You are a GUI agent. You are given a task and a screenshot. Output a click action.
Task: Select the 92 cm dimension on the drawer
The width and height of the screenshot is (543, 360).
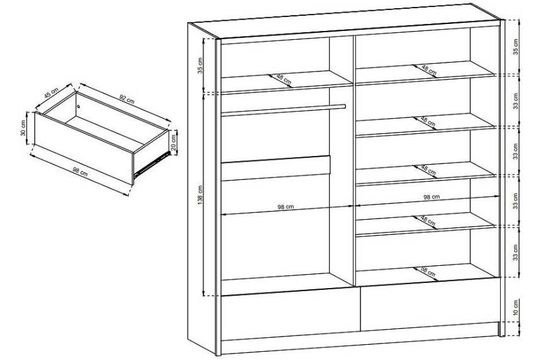tap(126, 99)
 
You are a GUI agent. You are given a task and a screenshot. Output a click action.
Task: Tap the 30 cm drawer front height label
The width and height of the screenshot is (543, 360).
tap(23, 128)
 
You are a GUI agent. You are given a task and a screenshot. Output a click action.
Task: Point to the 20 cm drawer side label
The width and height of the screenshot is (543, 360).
tap(174, 142)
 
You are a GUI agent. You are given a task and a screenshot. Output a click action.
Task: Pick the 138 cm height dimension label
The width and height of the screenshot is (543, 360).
tap(200, 195)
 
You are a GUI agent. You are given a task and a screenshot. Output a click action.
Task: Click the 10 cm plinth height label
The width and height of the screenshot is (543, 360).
tap(516, 308)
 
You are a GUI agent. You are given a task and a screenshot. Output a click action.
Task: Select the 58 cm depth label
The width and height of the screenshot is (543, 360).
tap(427, 271)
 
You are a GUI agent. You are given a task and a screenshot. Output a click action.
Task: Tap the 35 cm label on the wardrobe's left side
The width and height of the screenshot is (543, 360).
tap(200, 65)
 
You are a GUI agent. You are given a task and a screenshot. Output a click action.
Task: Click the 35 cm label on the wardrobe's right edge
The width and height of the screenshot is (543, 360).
tap(515, 47)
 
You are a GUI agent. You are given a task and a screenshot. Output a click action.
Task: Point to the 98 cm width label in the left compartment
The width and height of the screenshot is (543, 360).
tap(285, 207)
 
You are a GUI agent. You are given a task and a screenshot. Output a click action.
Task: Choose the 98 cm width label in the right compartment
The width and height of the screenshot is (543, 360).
tap(431, 197)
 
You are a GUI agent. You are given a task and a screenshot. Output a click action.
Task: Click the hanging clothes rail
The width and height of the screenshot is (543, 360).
tap(283, 109)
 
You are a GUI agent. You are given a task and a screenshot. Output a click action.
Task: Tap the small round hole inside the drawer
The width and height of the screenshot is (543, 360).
tap(79, 106)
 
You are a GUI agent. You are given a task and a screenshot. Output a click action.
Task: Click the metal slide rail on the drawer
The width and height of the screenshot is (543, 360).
tap(152, 163)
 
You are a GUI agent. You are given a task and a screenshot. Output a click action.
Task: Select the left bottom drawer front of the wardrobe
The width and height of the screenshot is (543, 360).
tap(290, 315)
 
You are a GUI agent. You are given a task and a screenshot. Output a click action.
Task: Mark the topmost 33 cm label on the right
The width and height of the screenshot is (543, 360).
tap(516, 101)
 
